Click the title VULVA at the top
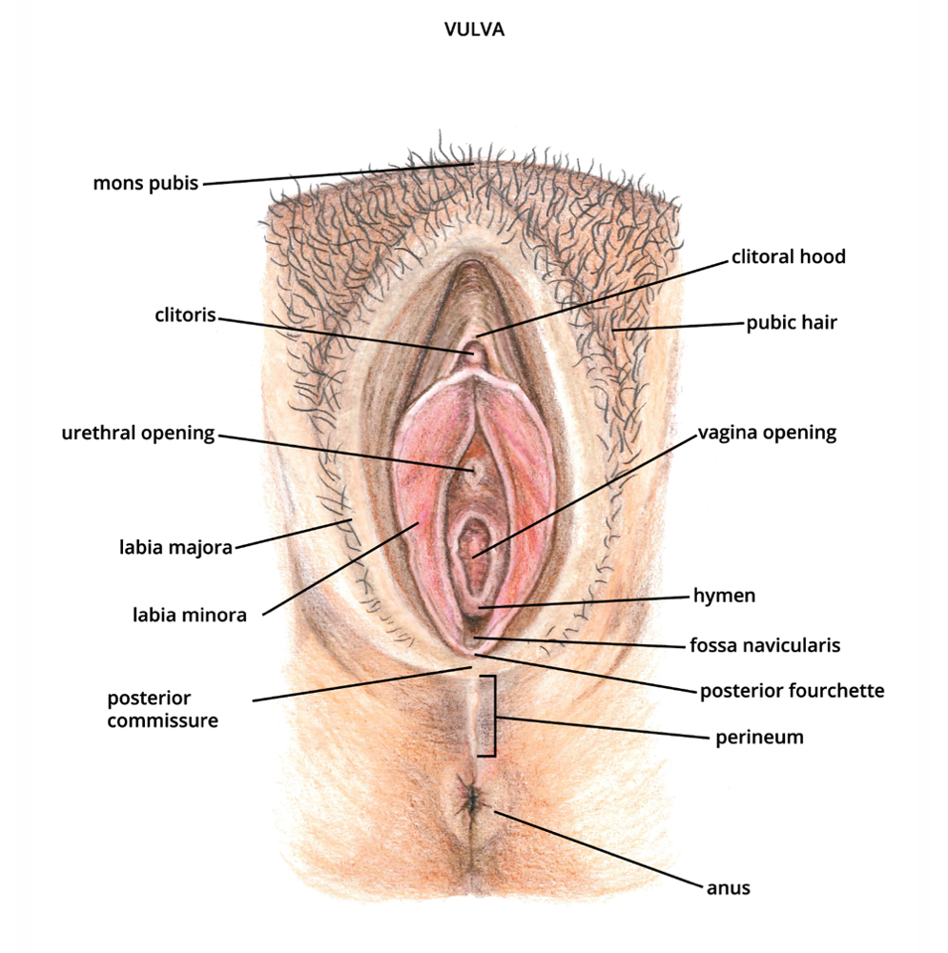coord(474,30)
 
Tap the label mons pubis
coord(146,182)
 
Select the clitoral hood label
coord(788,256)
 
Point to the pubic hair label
coord(792,322)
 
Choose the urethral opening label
coord(138,434)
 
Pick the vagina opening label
coord(767,433)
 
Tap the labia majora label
coord(175,548)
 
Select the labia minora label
coord(190,615)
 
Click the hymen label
coord(724,597)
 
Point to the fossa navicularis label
coord(765,645)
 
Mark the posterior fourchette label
coord(792,690)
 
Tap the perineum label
coord(759,737)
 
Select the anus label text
coord(728,888)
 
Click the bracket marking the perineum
coord(493,716)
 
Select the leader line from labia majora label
coord(286,535)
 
